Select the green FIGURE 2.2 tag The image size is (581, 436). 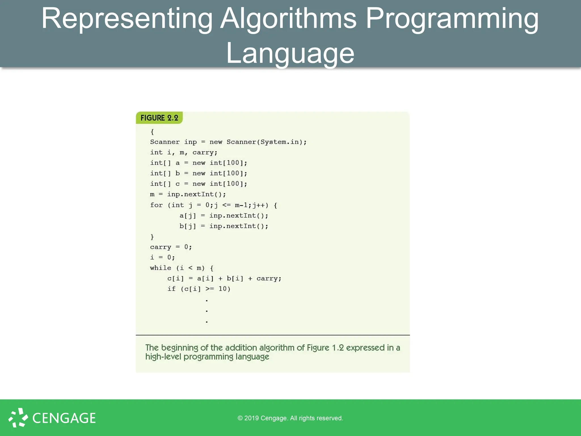159,118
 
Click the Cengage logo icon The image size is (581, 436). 18,418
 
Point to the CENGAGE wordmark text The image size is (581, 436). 64,418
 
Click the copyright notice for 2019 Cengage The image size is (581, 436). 290,418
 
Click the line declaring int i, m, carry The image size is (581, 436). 184,152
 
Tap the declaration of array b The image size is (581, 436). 199,173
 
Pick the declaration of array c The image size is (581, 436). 199,184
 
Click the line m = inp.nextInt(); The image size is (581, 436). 188,194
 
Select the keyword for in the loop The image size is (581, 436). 156,205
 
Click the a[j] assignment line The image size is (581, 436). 224,216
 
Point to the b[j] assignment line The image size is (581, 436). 224,226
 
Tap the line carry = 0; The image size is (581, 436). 171,247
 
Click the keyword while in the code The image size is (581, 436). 161,268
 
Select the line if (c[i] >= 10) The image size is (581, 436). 199,289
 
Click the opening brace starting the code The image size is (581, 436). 152,132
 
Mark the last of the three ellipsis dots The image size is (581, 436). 207,322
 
